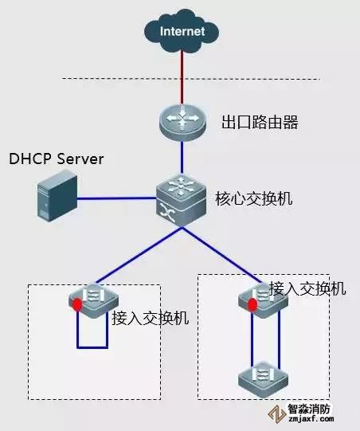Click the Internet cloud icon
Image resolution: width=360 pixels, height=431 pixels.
pyautogui.click(x=182, y=32)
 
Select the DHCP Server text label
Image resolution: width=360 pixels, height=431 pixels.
pyautogui.click(x=57, y=159)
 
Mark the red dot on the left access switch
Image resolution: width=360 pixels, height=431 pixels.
pyautogui.click(x=77, y=305)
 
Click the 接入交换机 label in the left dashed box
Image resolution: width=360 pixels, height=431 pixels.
pyautogui.click(x=151, y=318)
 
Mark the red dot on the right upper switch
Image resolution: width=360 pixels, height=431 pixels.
pyautogui.click(x=252, y=305)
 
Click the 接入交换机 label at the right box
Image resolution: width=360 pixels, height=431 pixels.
pyautogui.click(x=307, y=288)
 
